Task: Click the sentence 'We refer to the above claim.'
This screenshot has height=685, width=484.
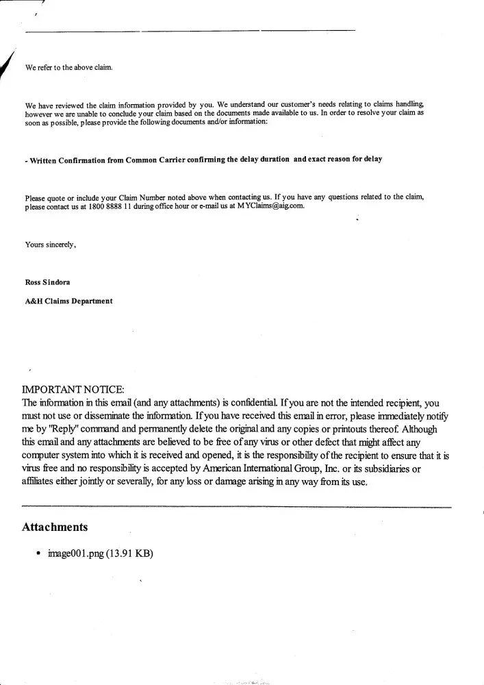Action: [x=68, y=68]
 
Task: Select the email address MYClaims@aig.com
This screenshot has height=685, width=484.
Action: [x=271, y=206]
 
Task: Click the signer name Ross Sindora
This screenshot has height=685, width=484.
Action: [x=47, y=282]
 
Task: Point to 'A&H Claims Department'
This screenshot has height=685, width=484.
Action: [x=68, y=301]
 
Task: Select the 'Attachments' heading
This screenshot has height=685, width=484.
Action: [x=55, y=527]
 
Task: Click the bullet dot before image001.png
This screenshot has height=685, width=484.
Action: [x=38, y=553]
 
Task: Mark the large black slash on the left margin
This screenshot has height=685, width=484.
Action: [x=8, y=68]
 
